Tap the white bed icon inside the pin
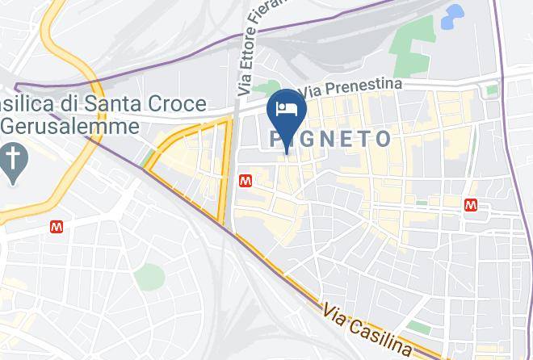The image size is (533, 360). click(287, 110)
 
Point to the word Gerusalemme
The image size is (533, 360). click(72, 126)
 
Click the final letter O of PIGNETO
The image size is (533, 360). click(382, 139)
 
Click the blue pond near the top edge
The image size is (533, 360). click(454, 14)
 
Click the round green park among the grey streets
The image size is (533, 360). click(149, 277)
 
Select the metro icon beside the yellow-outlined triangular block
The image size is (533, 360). click(245, 181)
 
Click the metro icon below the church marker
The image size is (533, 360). click(57, 227)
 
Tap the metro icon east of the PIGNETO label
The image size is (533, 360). click(471, 206)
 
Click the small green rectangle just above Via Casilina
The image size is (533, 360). click(418, 327)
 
